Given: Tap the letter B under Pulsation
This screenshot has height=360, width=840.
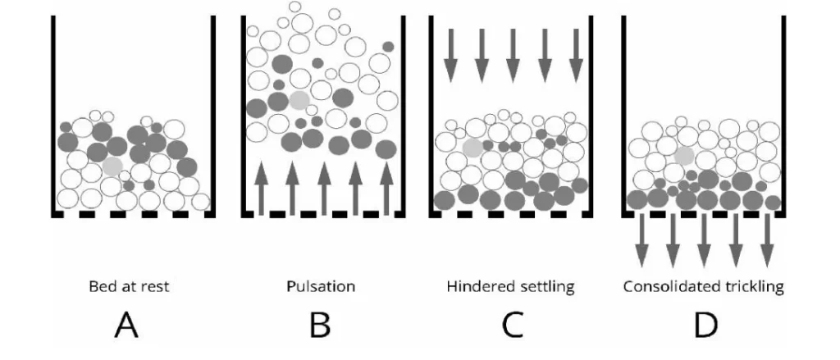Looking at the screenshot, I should [320, 326].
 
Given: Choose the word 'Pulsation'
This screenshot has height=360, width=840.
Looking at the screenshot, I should [320, 288].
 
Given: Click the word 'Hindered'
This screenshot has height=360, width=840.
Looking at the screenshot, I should [475, 288].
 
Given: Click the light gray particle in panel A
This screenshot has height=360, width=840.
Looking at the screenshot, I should [113, 166].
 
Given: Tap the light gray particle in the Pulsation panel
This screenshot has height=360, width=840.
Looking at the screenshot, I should [299, 100].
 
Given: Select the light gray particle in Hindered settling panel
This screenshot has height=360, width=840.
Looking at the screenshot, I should [472, 148].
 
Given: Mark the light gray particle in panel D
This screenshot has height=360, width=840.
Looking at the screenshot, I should [683, 156].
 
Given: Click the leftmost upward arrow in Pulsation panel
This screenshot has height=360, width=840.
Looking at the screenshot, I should [261, 188].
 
